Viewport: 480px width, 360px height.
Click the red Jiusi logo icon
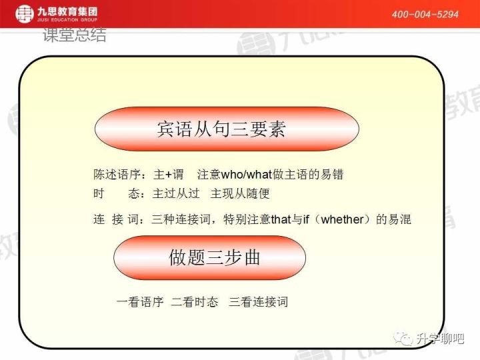(x=24, y=13)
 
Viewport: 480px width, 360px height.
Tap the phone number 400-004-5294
(x=425, y=14)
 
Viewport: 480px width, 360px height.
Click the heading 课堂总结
(x=74, y=36)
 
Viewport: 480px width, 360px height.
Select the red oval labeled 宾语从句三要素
(x=227, y=129)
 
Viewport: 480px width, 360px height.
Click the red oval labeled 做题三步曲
(x=209, y=257)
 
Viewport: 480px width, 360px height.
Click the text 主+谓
(x=168, y=175)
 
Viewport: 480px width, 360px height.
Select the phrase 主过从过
(x=176, y=193)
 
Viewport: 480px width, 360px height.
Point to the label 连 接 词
(x=117, y=219)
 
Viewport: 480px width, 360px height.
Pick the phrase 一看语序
(x=140, y=301)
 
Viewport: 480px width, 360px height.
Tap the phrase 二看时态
(x=195, y=301)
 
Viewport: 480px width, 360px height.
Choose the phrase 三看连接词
(x=259, y=301)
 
